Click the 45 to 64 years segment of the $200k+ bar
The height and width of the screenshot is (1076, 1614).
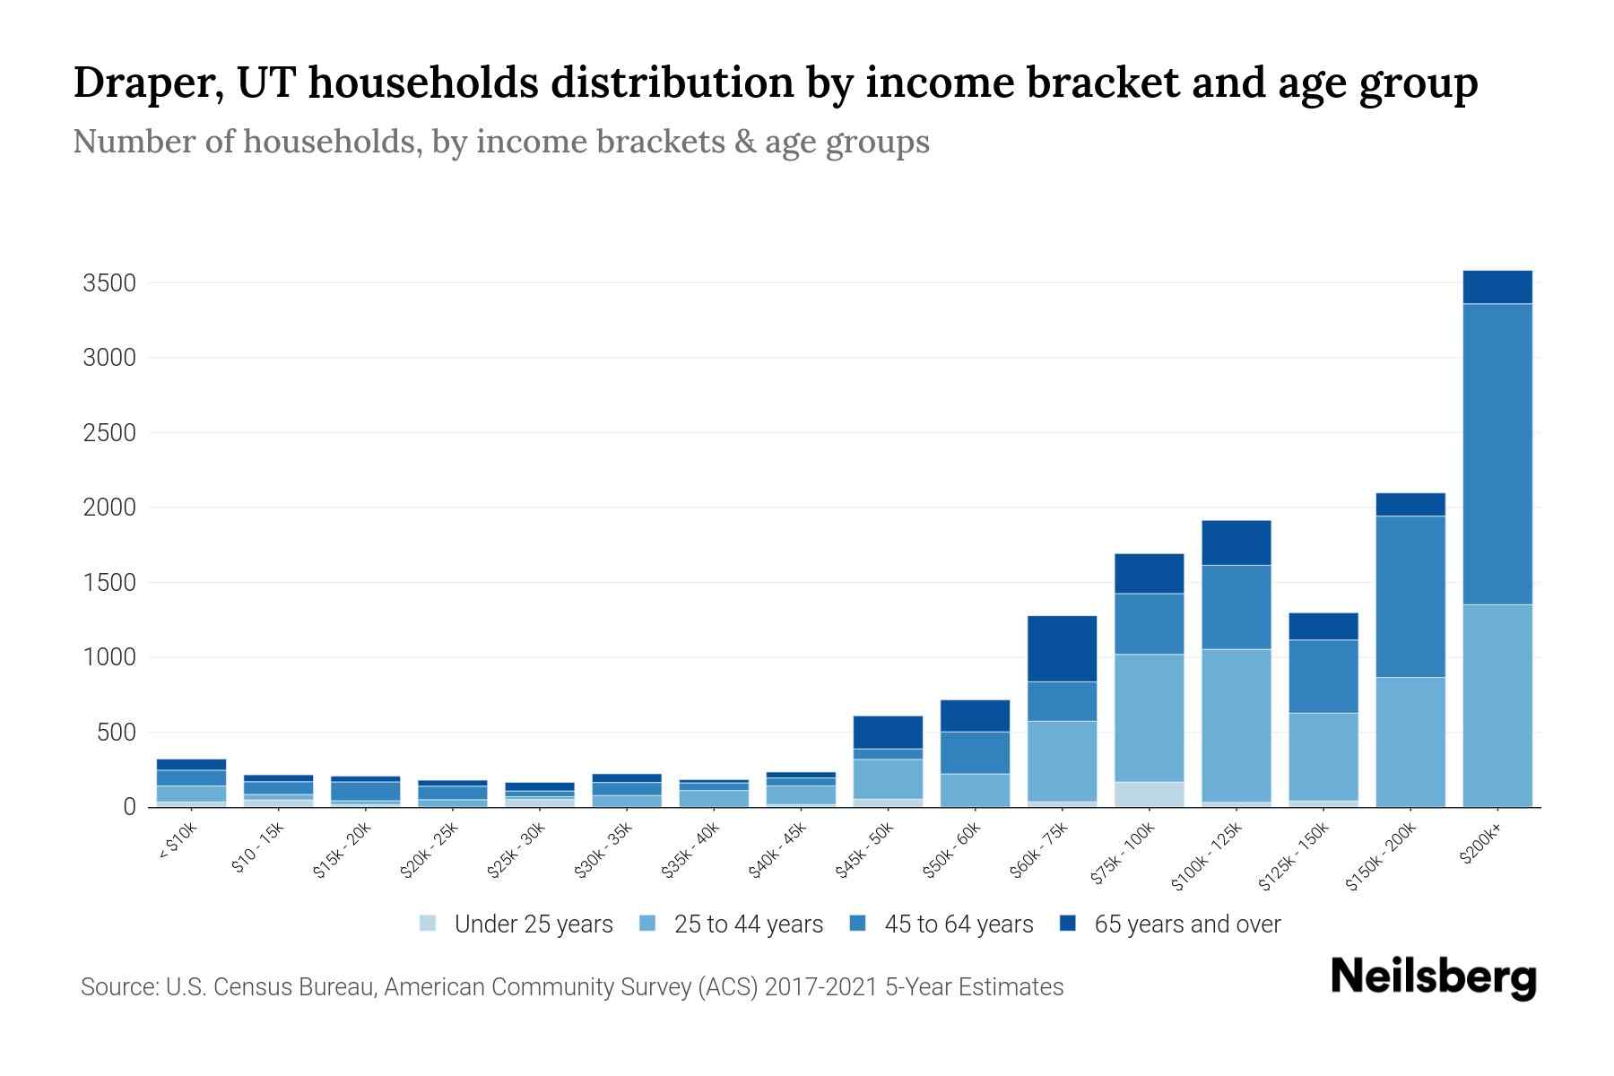1497,454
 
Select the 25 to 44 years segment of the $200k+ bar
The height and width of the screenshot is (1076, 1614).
1497,706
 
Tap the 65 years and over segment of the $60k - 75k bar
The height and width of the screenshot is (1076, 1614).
1062,648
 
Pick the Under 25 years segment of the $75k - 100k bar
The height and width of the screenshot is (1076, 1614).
1149,794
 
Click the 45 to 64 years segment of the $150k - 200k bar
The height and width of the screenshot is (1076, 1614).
1410,596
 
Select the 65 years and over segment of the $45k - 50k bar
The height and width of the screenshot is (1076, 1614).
888,732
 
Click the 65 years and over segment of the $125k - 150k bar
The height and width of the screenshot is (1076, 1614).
1323,626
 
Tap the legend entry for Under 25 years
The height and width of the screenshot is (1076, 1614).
533,924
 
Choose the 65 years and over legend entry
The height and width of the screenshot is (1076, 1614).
1186,924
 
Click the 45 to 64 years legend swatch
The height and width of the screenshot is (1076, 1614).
858,924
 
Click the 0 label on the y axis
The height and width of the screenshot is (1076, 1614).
130,808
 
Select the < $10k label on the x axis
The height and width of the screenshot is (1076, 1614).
178,843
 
